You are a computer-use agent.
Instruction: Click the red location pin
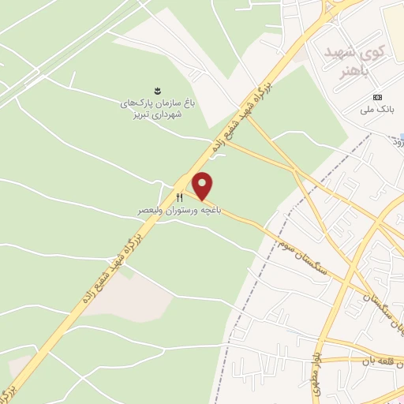pyautogui.click(x=204, y=186)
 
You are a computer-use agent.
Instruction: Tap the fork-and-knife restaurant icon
pyautogui.click(x=180, y=197)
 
